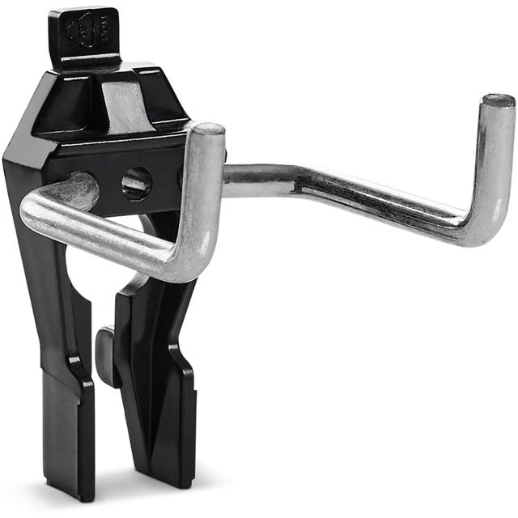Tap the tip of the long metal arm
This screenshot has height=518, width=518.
pos(498,101)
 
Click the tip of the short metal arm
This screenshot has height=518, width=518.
pos(208,129)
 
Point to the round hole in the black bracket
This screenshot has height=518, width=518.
pos(136,184)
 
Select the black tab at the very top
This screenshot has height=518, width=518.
pos(83,36)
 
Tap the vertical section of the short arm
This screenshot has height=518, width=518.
pos(206,194)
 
